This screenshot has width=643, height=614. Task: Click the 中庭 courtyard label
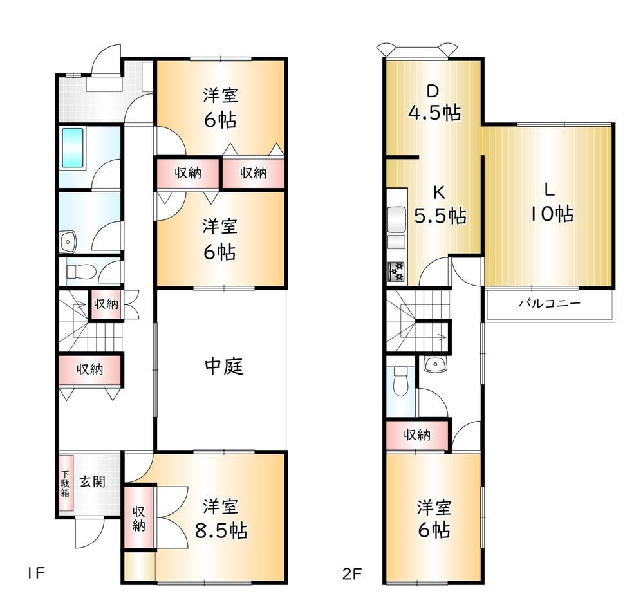pyautogui.click(x=224, y=366)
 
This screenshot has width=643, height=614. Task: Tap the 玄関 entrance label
pyautogui.click(x=93, y=481)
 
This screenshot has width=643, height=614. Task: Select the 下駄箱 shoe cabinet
pyautogui.click(x=66, y=483)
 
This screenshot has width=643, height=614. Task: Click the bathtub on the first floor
pyautogui.click(x=73, y=147)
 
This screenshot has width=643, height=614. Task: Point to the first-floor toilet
pyautogui.click(x=81, y=272)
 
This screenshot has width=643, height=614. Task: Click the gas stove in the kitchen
pyautogui.click(x=396, y=272)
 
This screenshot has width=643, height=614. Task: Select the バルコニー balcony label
pyautogui.click(x=550, y=304)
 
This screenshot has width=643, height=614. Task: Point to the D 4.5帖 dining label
pyautogui.click(x=434, y=102)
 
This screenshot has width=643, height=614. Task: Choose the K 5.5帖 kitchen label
pyautogui.click(x=440, y=204)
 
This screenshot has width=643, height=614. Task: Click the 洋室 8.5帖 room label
pyautogui.click(x=221, y=519)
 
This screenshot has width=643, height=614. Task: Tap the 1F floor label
pyautogui.click(x=35, y=573)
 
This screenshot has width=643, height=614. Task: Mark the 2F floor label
pyautogui.click(x=352, y=573)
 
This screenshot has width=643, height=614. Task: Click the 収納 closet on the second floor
pyautogui.click(x=417, y=435)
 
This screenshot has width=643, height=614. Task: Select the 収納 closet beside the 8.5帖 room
pyautogui.click(x=139, y=518)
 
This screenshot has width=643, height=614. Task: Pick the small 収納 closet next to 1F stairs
pyautogui.click(x=106, y=304)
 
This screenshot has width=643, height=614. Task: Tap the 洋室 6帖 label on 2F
pyautogui.click(x=434, y=519)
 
